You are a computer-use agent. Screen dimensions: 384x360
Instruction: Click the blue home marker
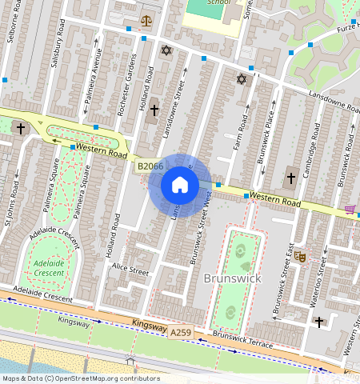tap(180, 186)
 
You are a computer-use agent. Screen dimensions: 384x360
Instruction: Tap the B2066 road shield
tap(150, 166)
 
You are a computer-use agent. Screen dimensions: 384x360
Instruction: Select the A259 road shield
tap(182, 330)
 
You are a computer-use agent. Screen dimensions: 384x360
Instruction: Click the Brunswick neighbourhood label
tap(233, 278)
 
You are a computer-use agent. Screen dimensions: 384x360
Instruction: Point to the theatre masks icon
tap(300, 257)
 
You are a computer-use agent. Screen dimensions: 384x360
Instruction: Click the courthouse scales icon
tap(146, 20)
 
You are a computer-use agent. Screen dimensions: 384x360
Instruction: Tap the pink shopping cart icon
tap(350, 210)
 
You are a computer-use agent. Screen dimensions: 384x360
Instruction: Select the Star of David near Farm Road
tap(241, 79)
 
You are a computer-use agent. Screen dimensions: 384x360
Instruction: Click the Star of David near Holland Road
tap(166, 50)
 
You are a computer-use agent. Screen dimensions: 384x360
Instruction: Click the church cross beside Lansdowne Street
tap(154, 110)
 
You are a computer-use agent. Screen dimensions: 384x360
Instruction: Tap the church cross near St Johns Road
tap(20, 128)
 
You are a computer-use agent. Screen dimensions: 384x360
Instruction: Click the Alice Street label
tap(130, 270)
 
